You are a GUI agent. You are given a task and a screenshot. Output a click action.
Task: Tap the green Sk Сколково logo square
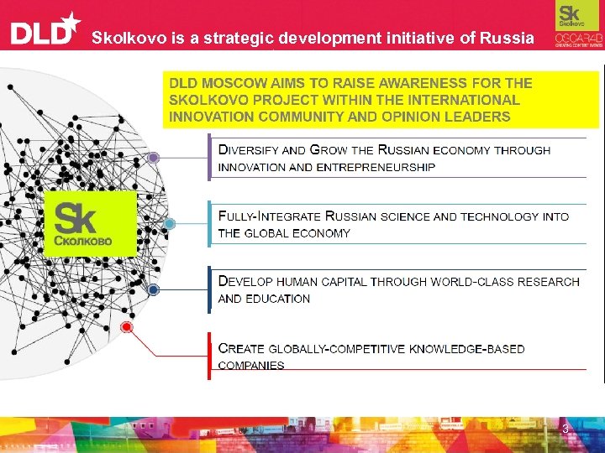[89, 223]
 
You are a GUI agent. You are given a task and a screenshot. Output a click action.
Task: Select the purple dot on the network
[154, 158]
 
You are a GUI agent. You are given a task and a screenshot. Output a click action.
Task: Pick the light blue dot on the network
[170, 224]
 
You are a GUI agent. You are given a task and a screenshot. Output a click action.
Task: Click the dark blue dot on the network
[154, 289]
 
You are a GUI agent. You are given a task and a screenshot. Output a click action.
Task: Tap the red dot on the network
[127, 326]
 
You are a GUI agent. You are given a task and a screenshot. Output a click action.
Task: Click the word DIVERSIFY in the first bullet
[249, 150]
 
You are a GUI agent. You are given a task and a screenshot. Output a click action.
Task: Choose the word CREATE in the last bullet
[241, 348]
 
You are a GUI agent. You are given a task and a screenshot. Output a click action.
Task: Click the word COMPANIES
[251, 365]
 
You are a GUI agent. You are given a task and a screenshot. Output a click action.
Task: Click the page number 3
[566, 430]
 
